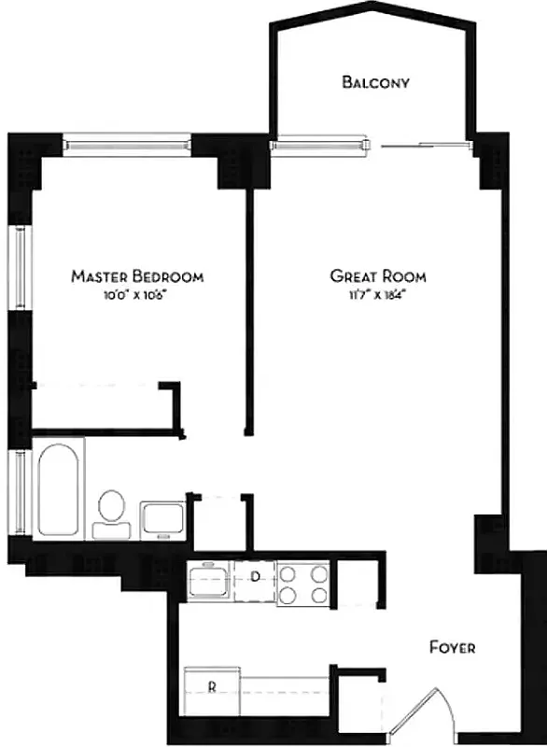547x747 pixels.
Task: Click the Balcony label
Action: click(376, 82)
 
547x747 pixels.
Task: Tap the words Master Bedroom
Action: click(137, 276)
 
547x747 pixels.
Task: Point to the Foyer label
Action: click(453, 646)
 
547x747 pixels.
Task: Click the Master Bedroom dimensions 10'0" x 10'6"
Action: click(137, 295)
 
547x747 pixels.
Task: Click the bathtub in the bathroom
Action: click(59, 489)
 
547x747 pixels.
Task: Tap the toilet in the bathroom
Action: click(112, 510)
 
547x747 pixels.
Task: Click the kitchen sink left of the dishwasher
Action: click(208, 582)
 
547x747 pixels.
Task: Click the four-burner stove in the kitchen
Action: click(303, 583)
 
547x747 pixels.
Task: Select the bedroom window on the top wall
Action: click(127, 145)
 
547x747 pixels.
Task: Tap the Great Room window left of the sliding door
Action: click(323, 145)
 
